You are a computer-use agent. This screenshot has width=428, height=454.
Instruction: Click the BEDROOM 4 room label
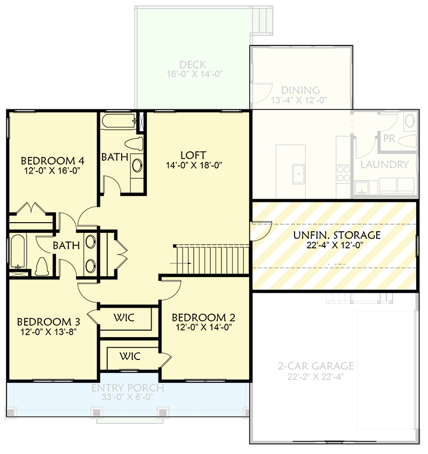tap(52, 160)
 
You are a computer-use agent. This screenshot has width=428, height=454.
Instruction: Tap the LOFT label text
tap(193, 155)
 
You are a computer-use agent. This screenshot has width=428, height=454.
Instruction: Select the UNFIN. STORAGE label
tap(337, 235)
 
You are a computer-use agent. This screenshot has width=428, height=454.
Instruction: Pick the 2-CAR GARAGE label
tap(315, 366)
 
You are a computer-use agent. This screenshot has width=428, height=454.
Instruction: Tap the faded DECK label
tap(193, 65)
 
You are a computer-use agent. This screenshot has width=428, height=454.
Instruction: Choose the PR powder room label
tap(389, 138)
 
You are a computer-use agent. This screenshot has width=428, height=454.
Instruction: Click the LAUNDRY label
tap(384, 165)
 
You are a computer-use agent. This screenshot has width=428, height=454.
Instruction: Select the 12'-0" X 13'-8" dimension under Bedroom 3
tap(49, 332)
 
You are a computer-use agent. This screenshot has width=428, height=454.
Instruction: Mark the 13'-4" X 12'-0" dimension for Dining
tap(299, 100)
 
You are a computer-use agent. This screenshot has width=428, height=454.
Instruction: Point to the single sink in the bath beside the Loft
tap(137, 166)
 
